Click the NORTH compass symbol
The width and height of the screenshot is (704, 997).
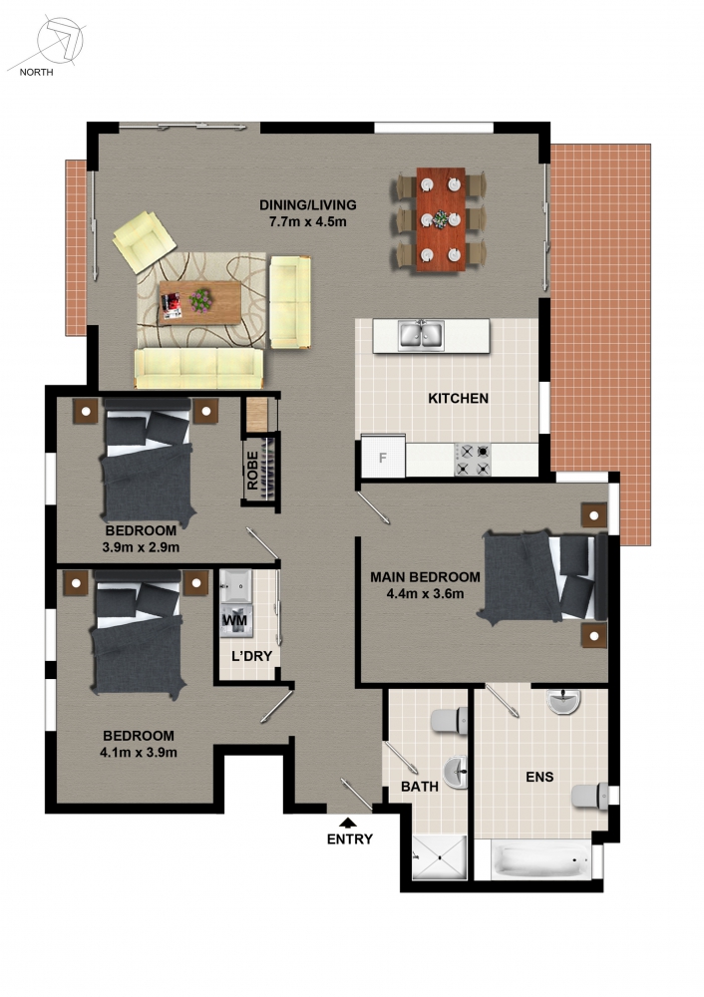pyautogui.click(x=59, y=42)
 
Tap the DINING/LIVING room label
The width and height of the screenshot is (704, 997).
pyautogui.click(x=308, y=204)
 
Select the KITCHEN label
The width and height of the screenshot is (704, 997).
pyautogui.click(x=458, y=399)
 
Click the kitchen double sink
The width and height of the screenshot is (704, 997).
pyautogui.click(x=421, y=336)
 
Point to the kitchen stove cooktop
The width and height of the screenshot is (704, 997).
pyautogui.click(x=473, y=460)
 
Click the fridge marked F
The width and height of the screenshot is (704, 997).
pyautogui.click(x=383, y=457)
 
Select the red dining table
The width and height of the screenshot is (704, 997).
pyautogui.click(x=441, y=219)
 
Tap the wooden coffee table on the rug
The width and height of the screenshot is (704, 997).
pyautogui.click(x=199, y=303)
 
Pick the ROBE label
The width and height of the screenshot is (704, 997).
pyautogui.click(x=252, y=471)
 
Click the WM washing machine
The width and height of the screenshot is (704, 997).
pyautogui.click(x=236, y=620)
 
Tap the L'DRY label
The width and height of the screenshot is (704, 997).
pyautogui.click(x=252, y=656)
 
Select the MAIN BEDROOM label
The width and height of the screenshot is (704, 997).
pyautogui.click(x=426, y=577)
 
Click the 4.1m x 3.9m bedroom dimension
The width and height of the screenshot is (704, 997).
pyautogui.click(x=139, y=753)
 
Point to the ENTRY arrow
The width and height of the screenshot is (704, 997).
pyautogui.click(x=348, y=823)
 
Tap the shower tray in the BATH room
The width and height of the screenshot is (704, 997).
pyautogui.click(x=440, y=857)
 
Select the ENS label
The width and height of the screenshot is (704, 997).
pyautogui.click(x=539, y=777)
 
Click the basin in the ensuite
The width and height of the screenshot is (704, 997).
pyautogui.click(x=564, y=702)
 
